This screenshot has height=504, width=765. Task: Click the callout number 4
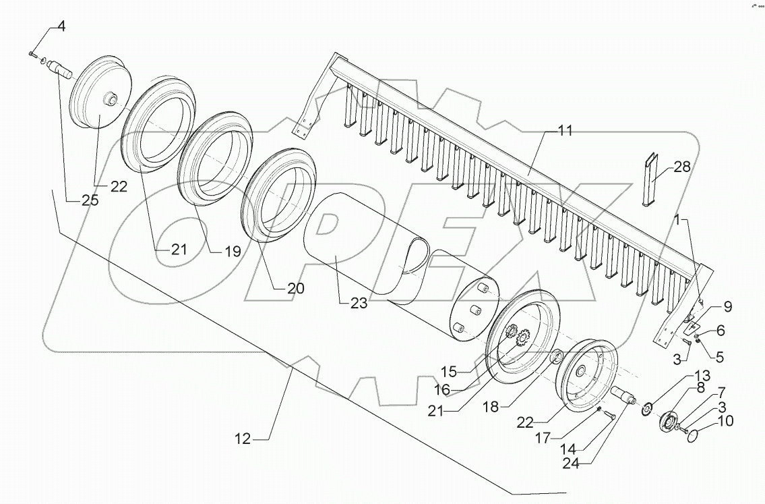click(61, 27)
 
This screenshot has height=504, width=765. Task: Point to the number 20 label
click(295, 288)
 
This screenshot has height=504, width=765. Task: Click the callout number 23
click(359, 304)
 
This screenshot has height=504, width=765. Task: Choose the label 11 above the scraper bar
click(565, 131)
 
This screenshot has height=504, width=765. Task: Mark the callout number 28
click(682, 167)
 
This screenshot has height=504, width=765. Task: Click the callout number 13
click(703, 375)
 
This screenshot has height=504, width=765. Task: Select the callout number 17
click(547, 438)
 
